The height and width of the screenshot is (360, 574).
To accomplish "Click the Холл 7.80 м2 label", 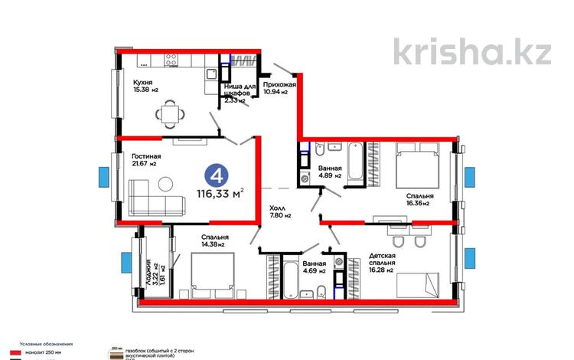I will (279, 211).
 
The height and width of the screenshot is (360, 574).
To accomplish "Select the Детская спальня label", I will (380, 260).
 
